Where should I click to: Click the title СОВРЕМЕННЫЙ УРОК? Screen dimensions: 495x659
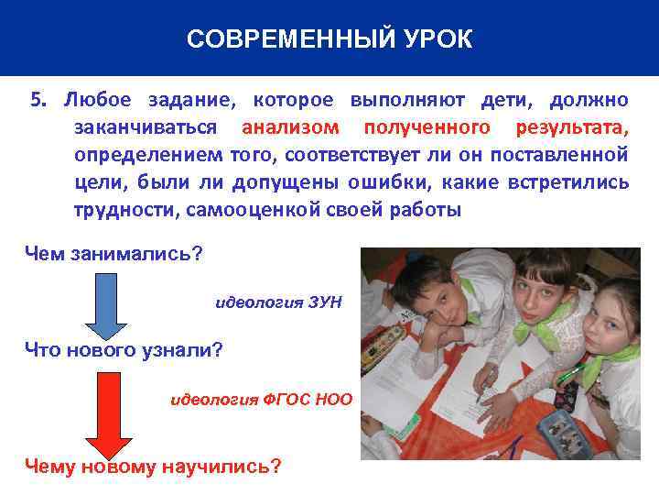(x=329, y=38)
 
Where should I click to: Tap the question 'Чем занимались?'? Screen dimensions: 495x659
(x=113, y=254)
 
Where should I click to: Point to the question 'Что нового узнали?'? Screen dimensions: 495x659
(x=124, y=350)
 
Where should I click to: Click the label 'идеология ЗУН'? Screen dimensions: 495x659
(x=277, y=301)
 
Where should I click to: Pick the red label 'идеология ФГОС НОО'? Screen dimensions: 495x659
(x=261, y=400)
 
